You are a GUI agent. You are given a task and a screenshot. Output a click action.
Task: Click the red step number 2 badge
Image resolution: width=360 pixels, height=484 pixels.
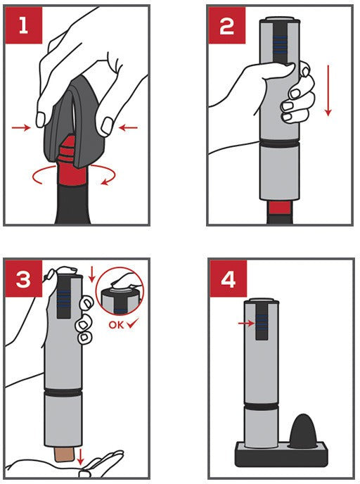226,26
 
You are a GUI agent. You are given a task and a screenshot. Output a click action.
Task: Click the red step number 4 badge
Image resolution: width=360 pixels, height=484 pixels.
227,279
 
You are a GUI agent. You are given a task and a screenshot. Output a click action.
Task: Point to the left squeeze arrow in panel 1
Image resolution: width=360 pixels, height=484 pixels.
22,127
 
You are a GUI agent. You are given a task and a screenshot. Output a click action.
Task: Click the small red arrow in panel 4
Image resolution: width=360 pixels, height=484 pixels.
244,323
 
